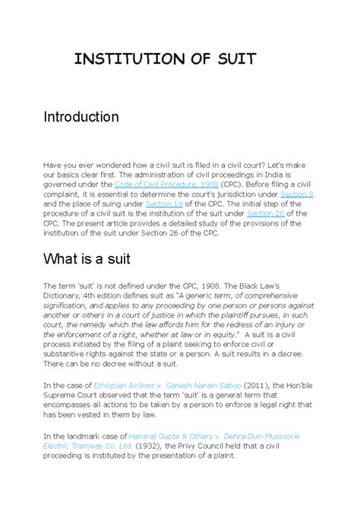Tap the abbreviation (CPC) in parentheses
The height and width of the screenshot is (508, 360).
click(x=210, y=184)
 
